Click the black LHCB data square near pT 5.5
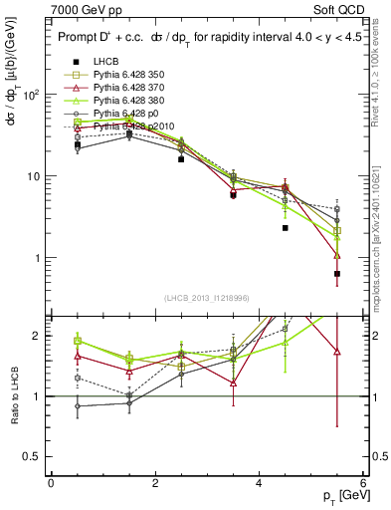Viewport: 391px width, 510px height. [x=337, y=274]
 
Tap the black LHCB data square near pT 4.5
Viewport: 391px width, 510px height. [x=286, y=228]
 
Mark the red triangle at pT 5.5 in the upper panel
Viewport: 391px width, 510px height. [x=337, y=255]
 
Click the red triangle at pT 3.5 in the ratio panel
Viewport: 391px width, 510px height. [x=233, y=382]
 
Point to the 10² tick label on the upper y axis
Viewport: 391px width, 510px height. [x=32, y=95]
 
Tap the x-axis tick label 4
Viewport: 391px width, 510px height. [x=259, y=483]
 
